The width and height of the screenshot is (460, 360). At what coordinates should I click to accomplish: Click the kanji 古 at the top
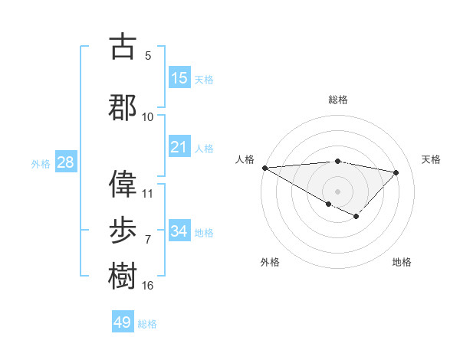pos(123,47)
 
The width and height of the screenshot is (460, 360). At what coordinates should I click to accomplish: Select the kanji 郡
pos(123,107)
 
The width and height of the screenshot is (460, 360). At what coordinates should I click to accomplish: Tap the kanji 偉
pos(123,183)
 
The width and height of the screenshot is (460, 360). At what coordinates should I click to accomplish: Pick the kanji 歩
pos(123,230)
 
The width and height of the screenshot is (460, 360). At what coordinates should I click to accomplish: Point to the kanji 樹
pos(123,276)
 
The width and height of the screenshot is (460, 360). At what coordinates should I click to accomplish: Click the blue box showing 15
pos(179,78)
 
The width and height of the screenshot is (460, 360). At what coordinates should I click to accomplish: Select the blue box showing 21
pos(179,147)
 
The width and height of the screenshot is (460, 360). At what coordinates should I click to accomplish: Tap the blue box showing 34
pos(179,231)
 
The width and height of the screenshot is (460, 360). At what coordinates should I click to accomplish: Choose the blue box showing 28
pos(65,162)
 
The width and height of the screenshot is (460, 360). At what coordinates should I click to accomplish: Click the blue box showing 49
pos(123,322)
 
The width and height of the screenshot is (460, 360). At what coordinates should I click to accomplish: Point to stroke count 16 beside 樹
pos(148,286)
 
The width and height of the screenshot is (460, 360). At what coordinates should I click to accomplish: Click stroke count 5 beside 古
pos(148,56)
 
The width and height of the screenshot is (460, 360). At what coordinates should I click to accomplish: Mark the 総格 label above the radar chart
pos(337,100)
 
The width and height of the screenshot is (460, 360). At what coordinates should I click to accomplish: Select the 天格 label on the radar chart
pos(432,159)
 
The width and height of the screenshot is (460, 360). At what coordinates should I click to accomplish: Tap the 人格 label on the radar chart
pos(245,159)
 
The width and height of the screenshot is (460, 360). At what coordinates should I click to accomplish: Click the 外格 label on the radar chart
pos(270,262)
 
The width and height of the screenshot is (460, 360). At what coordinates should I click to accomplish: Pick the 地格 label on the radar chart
pos(402,262)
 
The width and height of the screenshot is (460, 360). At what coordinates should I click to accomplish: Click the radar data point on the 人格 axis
pos(264,168)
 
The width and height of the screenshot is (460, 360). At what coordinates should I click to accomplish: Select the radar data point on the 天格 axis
pos(396,172)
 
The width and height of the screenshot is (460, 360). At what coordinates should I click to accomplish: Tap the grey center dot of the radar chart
pos(337,191)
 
